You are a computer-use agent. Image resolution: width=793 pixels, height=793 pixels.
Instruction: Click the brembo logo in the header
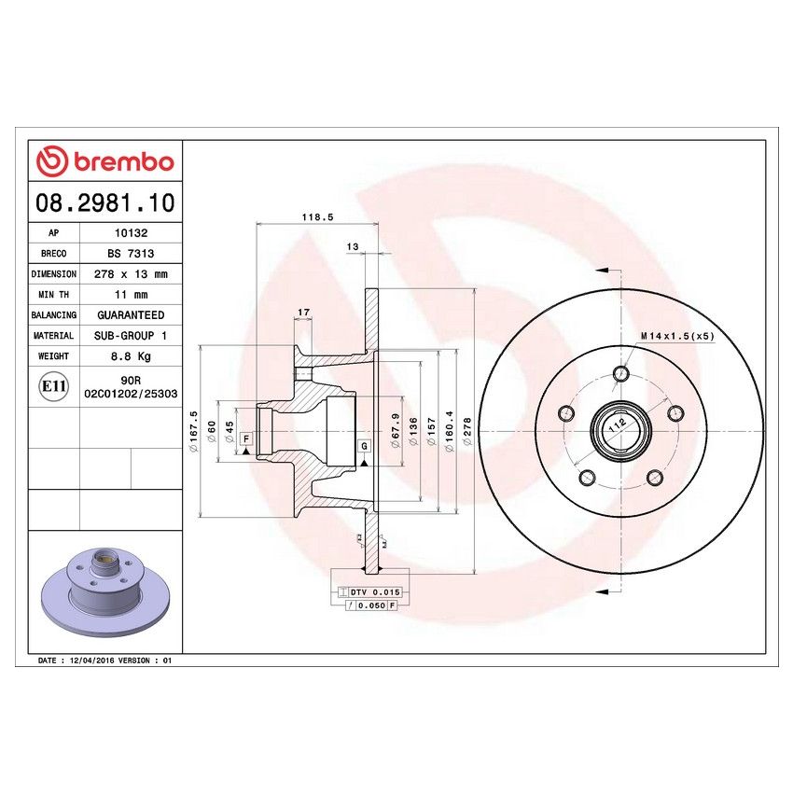(x=104, y=161)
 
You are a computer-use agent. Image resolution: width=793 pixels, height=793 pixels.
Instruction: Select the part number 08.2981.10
(x=104, y=202)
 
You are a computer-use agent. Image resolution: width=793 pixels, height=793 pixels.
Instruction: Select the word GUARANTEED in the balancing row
(x=131, y=315)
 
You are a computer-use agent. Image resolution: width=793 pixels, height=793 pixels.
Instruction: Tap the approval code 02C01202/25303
(x=131, y=395)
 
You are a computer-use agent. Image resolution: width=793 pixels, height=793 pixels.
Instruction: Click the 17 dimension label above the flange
(x=303, y=311)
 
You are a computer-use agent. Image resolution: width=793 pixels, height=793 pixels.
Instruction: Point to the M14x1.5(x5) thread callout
(x=677, y=336)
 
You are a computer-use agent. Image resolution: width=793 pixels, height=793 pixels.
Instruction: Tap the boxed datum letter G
(x=364, y=447)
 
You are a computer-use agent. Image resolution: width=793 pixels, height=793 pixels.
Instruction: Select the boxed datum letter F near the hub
(x=245, y=438)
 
